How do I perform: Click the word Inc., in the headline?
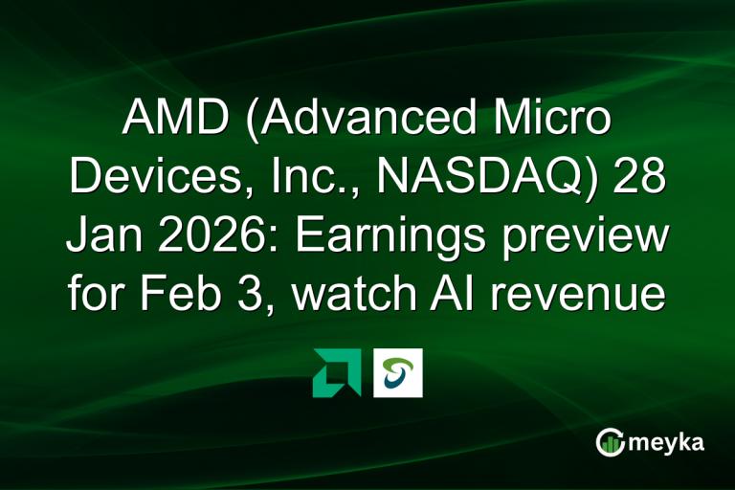pyautogui.click(x=305, y=178)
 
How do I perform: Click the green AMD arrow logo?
pyautogui.click(x=337, y=372)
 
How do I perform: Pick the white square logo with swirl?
pyautogui.click(x=397, y=372)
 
